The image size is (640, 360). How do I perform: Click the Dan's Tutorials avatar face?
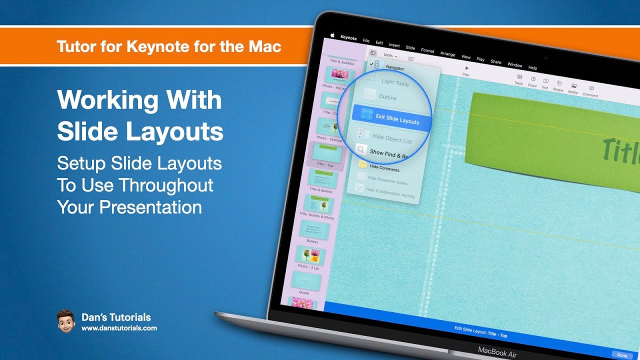click(x=65, y=320)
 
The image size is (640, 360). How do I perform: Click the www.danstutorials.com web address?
click(x=119, y=328)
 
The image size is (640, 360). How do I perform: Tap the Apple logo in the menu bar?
click(x=332, y=35)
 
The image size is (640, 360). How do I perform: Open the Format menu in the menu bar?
click(x=427, y=50)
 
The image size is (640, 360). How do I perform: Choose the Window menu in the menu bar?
click(x=514, y=65)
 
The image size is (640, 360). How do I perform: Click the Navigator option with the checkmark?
click(x=394, y=67)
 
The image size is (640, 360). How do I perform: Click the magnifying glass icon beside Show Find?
click(x=361, y=149)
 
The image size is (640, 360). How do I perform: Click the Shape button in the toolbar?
click(x=558, y=86)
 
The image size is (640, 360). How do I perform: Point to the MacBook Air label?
click(x=497, y=351)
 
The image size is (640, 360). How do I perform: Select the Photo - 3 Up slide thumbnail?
click(x=308, y=256)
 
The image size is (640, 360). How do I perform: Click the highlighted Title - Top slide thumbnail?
click(x=326, y=153)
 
